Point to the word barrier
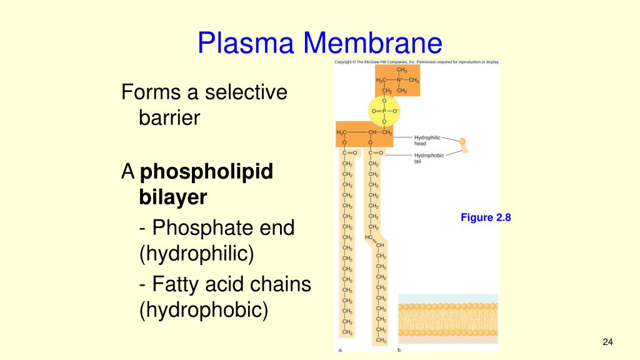pos(169,117)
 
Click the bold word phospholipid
pos(207,172)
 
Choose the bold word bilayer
pos(172,197)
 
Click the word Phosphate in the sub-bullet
pos(197,227)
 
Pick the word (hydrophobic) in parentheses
pos(203,310)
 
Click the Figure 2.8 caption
pos(486,217)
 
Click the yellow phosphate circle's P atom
pos(384,111)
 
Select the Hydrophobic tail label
pos(429,158)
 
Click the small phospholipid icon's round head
pos(463,142)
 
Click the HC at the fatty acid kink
pos(369,237)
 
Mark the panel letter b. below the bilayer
pos(400,351)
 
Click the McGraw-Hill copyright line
pos(417,62)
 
